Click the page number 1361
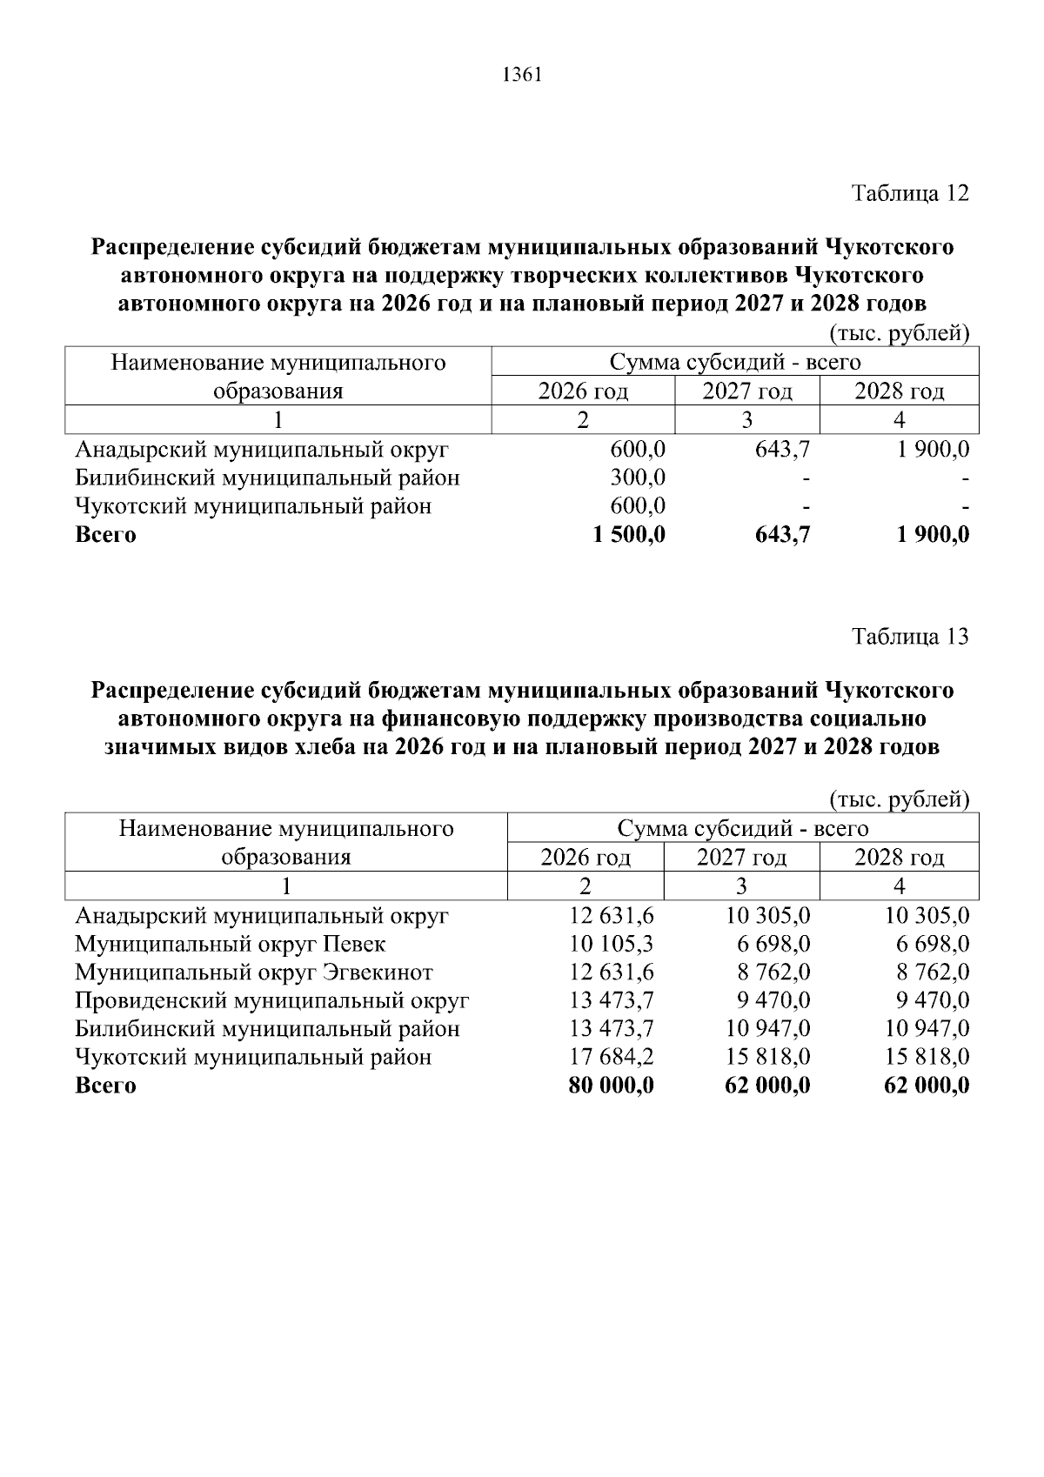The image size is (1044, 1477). [522, 76]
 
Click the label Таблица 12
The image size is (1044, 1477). [909, 192]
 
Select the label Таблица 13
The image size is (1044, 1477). [909, 637]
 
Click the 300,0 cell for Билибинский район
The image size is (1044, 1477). [638, 478]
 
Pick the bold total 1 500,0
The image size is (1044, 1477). [628, 534]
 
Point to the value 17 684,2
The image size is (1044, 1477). [612, 1057]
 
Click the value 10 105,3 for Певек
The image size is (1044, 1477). [612, 944]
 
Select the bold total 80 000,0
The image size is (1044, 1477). [611, 1086]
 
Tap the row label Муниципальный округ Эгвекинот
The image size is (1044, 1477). [253, 972]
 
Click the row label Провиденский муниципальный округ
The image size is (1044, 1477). [271, 1000]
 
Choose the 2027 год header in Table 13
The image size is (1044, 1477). [741, 858]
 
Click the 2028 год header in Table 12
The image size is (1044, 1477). [899, 391]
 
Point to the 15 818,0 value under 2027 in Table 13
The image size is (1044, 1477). [768, 1057]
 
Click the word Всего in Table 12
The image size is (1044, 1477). [105, 534]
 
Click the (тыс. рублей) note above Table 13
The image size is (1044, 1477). [900, 799]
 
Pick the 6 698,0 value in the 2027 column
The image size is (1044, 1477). [775, 944]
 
